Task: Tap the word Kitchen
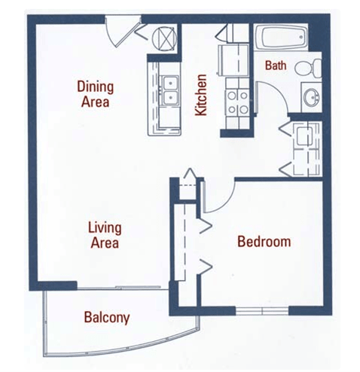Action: click(201, 95)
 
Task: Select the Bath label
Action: click(275, 66)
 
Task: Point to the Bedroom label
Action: click(264, 242)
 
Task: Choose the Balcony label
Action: click(106, 317)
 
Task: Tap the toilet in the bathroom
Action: click(306, 69)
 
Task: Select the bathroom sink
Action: click(310, 96)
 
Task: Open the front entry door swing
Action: click(119, 32)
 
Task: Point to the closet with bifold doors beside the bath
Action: click(304, 147)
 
